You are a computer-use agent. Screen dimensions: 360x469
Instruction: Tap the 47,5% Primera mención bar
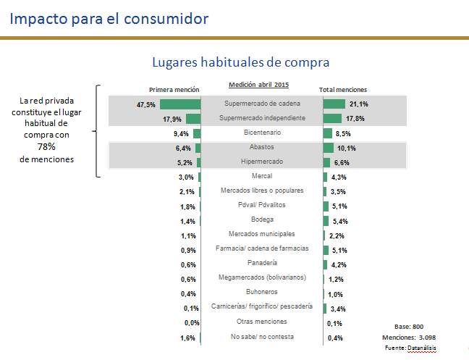pyautogui.click(x=179, y=104)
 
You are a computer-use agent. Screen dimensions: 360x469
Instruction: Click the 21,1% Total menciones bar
pyautogui.click(x=334, y=104)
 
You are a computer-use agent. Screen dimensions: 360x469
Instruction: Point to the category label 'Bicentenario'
pyautogui.click(x=262, y=133)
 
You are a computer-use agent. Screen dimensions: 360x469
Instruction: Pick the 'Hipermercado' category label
pyautogui.click(x=262, y=162)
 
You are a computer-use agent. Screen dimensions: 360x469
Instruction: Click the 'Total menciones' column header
pyautogui.click(x=343, y=90)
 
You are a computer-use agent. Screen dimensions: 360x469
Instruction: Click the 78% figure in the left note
pyautogui.click(x=48, y=146)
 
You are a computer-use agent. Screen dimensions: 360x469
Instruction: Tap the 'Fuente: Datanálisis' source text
pyautogui.click(x=410, y=348)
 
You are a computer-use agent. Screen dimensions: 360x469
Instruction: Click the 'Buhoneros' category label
pyautogui.click(x=262, y=293)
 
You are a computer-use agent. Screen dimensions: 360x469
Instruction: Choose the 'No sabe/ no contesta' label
pyautogui.click(x=262, y=337)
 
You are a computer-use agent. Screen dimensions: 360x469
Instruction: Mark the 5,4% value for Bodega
pyautogui.click(x=340, y=221)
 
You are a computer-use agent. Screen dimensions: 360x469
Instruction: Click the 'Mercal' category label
pyautogui.click(x=262, y=176)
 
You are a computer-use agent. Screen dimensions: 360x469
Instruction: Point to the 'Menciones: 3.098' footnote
pyautogui.click(x=408, y=338)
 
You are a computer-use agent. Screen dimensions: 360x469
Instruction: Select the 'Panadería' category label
pyautogui.click(x=262, y=263)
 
